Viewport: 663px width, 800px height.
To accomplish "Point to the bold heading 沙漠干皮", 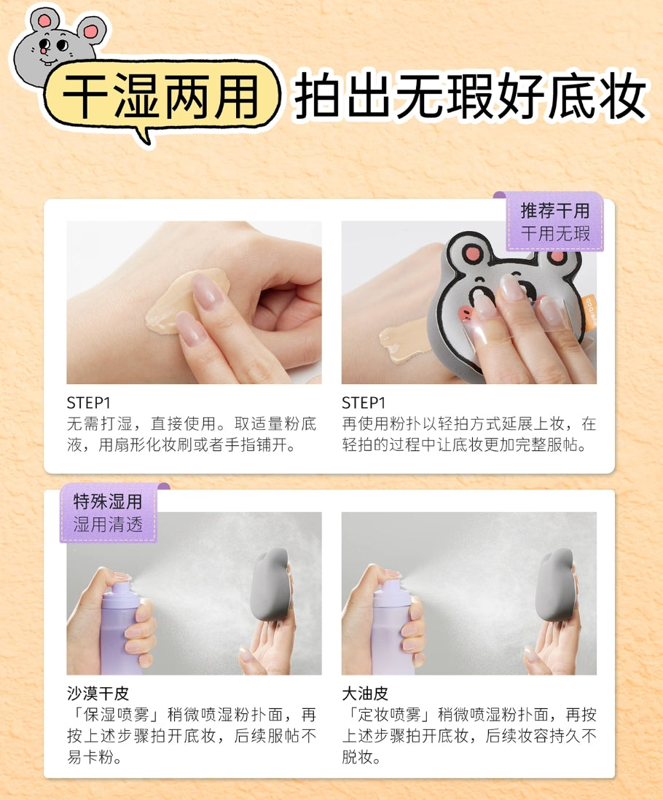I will [x=98, y=692].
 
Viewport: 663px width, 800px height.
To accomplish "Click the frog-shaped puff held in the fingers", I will [x=510, y=291].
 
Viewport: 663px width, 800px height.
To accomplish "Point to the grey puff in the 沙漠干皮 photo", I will [x=270, y=583].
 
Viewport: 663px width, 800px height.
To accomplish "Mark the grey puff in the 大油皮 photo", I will [x=555, y=583].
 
